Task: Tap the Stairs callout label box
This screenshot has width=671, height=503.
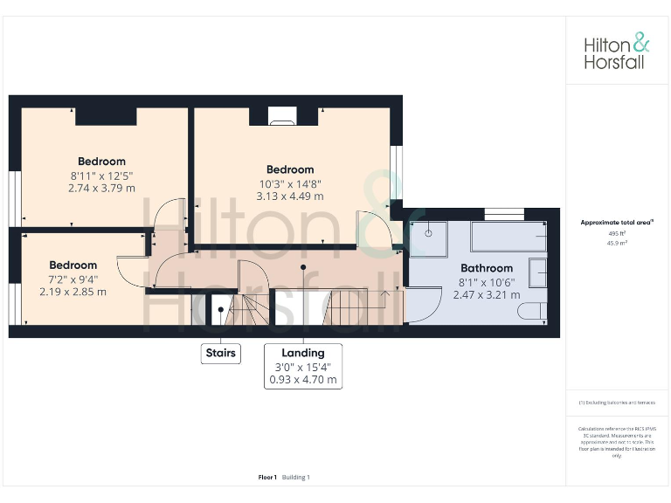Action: coord(220,354)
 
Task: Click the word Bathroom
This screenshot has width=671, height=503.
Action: coord(487,268)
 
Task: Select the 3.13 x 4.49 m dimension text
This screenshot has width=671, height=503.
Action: coord(290,196)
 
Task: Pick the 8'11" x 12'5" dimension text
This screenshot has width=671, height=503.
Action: coord(101,175)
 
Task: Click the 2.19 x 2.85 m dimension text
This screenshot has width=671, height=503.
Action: coord(73,292)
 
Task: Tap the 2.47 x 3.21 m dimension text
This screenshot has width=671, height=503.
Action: coord(487,295)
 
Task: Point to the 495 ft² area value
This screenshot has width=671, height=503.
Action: coord(618,233)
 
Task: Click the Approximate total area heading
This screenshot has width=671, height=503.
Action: coord(617,223)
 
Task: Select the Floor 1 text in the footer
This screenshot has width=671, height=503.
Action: coord(267,477)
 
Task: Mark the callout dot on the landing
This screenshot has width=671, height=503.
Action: coord(303,267)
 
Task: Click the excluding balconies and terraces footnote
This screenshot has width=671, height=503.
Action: coord(617,403)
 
